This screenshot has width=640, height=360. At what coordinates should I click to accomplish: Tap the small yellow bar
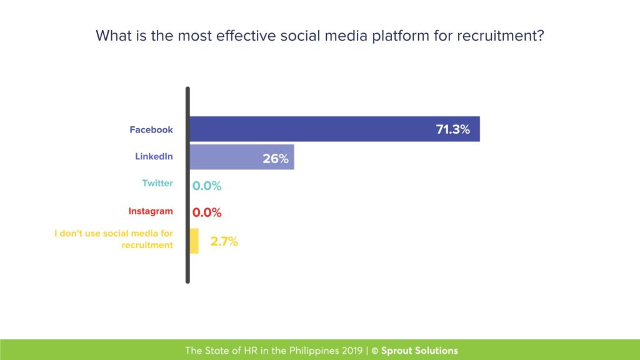(x=194, y=241)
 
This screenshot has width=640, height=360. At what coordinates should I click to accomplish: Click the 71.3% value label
(x=452, y=130)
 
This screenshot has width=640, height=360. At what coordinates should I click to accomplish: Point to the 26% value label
(x=275, y=159)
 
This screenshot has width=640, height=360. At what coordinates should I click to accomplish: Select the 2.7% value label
(x=224, y=241)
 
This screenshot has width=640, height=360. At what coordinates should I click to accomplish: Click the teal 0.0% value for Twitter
(x=207, y=186)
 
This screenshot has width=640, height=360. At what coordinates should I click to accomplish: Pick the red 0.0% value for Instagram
(x=207, y=212)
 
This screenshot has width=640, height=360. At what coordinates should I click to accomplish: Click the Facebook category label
(x=151, y=130)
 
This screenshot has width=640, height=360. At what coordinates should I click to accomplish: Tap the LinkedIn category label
(x=154, y=156)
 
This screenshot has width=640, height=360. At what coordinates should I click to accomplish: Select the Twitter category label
(x=157, y=184)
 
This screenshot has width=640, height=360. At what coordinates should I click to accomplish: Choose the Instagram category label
(x=151, y=211)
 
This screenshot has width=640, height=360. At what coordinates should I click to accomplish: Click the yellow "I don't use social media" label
(x=114, y=239)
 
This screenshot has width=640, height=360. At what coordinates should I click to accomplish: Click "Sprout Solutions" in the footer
(x=419, y=351)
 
